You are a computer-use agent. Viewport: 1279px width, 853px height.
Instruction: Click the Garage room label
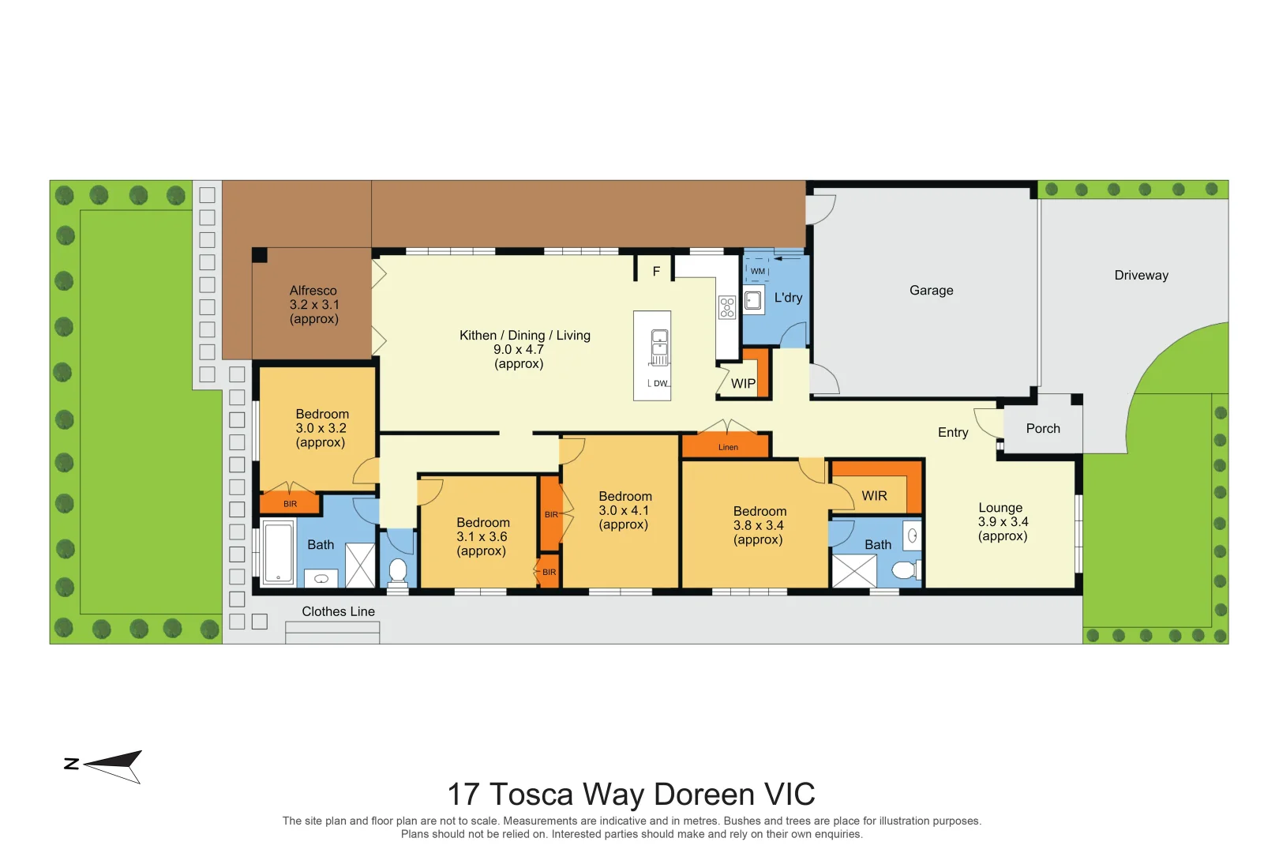pos(931,291)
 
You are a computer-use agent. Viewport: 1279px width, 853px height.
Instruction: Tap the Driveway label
pos(1141,276)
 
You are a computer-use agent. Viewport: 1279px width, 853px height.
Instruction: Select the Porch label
pos(1042,429)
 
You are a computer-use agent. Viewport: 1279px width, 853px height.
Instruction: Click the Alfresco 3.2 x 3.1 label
pos(313,305)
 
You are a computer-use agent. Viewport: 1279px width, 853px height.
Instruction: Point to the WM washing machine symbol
pos(757,270)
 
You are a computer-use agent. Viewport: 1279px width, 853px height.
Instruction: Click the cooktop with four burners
pos(726,307)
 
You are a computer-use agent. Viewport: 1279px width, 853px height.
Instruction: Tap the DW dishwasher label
pos(660,384)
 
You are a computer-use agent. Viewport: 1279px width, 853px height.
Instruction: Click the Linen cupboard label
pos(728,448)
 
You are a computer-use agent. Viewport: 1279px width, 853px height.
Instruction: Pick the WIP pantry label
pos(743,384)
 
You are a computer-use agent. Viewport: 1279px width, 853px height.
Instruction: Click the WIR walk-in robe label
pos(874,496)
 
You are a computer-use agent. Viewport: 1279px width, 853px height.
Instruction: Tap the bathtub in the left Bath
pos(278,553)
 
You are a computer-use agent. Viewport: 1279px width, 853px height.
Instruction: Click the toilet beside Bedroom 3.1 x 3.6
pos(398,570)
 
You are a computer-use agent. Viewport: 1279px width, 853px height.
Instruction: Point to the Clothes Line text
pos(338,612)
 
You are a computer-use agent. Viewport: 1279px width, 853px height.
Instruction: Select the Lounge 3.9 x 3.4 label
pos(1002,522)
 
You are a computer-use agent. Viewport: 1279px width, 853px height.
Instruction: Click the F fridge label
pos(655,272)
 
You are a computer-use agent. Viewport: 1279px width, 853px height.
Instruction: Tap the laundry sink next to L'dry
pos(753,300)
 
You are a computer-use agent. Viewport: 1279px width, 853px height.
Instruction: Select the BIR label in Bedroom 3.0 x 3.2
pos(290,504)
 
